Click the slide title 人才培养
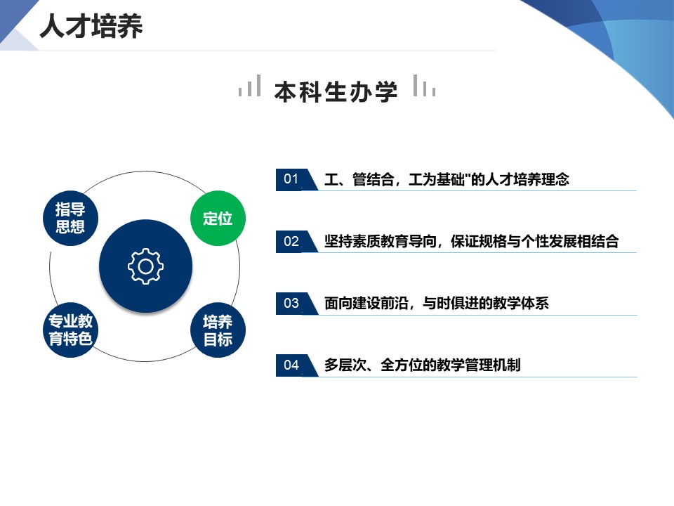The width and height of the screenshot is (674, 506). (x=91, y=26)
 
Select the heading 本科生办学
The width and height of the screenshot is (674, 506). (x=336, y=91)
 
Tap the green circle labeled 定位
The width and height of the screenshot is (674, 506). (x=218, y=218)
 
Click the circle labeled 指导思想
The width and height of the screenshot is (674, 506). (x=70, y=218)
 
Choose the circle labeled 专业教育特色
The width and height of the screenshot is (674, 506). (x=70, y=330)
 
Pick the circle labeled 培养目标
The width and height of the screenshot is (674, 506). (x=218, y=330)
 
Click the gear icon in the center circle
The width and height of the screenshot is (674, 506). (x=146, y=266)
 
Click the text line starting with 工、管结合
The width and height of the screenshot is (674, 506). (x=447, y=179)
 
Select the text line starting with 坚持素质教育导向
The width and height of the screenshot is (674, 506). (x=472, y=241)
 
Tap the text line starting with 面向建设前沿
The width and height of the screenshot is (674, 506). (x=436, y=304)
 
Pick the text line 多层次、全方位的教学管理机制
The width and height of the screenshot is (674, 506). (x=422, y=365)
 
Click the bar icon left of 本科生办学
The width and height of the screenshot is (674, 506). (x=250, y=86)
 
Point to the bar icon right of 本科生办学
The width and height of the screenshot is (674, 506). (x=424, y=86)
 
